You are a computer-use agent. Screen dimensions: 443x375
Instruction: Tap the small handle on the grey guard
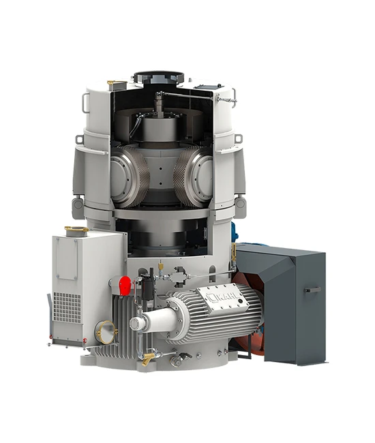point(312,290)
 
